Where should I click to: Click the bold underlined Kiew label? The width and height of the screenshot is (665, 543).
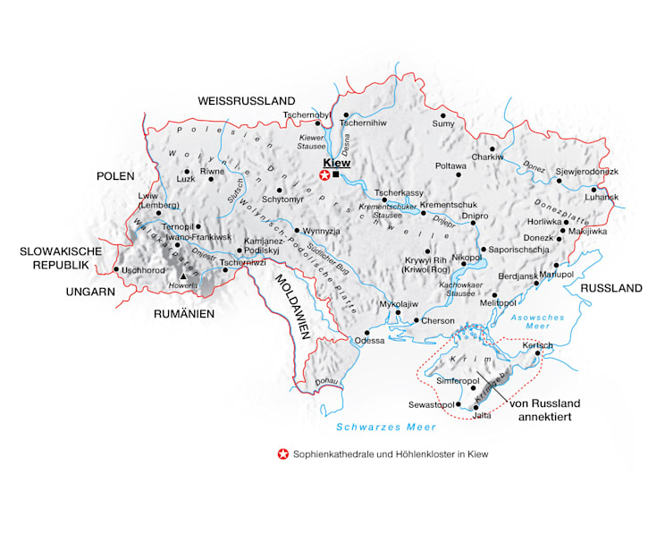pos(339,163)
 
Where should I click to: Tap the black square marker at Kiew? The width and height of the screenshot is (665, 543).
pos(335,175)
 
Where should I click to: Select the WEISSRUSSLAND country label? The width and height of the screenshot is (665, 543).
pos(247,99)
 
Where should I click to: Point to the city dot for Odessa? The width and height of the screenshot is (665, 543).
pos(366,332)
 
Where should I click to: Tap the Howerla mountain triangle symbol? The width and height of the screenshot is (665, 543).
pos(183,276)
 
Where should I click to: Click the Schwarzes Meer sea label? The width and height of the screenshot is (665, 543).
pos(374,428)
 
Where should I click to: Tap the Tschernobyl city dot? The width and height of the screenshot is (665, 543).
pos(316,123)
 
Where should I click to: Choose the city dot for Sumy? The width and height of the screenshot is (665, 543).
pos(442,115)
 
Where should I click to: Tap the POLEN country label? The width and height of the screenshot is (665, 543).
pos(115,176)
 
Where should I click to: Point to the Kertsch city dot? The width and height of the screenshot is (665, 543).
pos(537,354)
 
